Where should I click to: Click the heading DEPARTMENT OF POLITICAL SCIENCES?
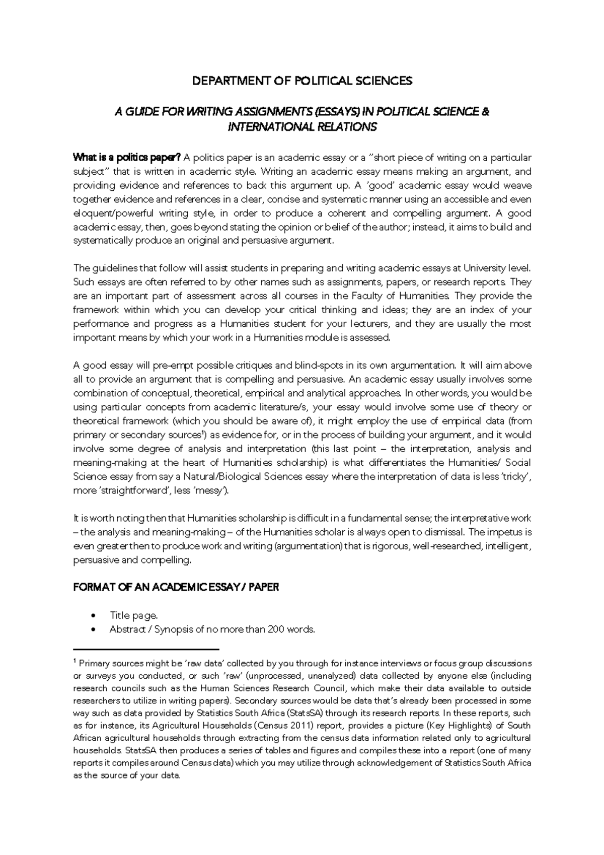[302, 81]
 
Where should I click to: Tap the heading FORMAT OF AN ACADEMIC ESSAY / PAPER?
[176, 587]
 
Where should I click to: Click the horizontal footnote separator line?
[146, 650]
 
